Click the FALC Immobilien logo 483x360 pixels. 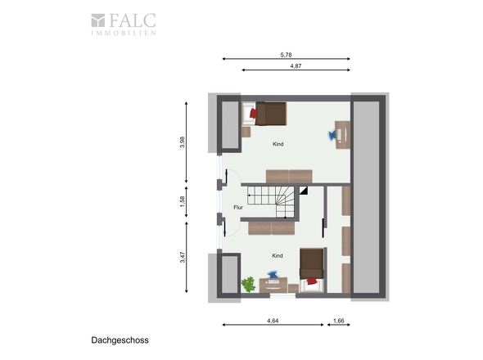tap(124, 25)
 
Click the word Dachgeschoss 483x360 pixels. tap(120, 340)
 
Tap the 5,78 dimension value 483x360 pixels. tap(286, 55)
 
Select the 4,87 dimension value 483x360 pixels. tap(296, 66)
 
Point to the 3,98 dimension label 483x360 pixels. tap(183, 142)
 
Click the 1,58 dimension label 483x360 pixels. tap(183, 201)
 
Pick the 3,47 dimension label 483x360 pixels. tap(183, 257)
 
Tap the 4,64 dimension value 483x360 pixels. tap(273, 321)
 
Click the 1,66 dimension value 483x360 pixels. tap(339, 321)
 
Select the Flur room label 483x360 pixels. tap(238, 207)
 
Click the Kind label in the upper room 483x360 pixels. tap(278, 144)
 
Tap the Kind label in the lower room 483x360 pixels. tap(278, 255)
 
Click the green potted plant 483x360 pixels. tap(248, 284)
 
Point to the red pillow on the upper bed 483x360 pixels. tap(254, 113)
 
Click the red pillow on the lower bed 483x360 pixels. tap(312, 281)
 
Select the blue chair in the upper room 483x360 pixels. tap(332, 135)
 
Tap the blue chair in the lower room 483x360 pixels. tap(273, 274)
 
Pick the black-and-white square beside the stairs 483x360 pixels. tap(304, 190)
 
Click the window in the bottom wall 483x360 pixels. tap(282, 295)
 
